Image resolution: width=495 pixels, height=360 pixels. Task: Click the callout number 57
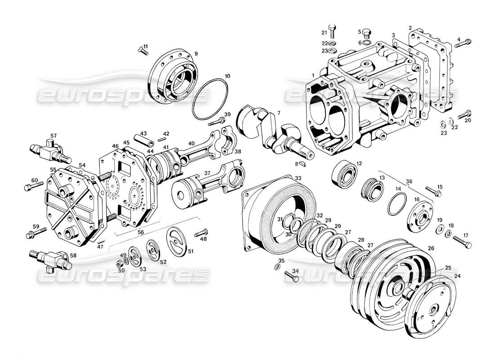coord(54,135)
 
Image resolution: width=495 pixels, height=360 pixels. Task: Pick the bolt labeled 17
coord(463,241)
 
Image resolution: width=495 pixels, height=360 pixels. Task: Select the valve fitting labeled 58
coord(47,258)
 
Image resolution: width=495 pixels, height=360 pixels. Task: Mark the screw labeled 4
coord(464,44)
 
